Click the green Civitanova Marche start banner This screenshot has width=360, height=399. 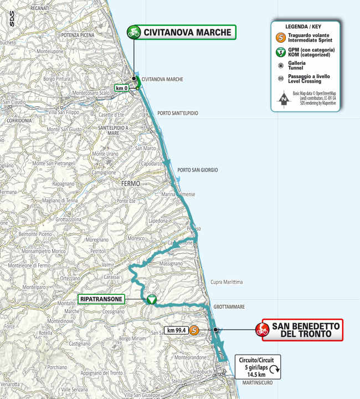click(181, 32)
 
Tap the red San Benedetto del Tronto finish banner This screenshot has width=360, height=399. click(299, 330)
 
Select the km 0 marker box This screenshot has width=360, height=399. click(122, 88)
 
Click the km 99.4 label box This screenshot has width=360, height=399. click(176, 331)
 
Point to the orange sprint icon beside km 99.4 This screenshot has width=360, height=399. click(194, 331)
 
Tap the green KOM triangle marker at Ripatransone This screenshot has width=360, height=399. click(152, 300)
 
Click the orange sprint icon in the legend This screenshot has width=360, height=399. click(281, 38)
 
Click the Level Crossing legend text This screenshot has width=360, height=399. click(308, 80)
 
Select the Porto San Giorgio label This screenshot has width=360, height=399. click(198, 170)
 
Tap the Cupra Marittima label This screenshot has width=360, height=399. click(227, 282)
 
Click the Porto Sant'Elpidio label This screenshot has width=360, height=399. click(177, 113)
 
